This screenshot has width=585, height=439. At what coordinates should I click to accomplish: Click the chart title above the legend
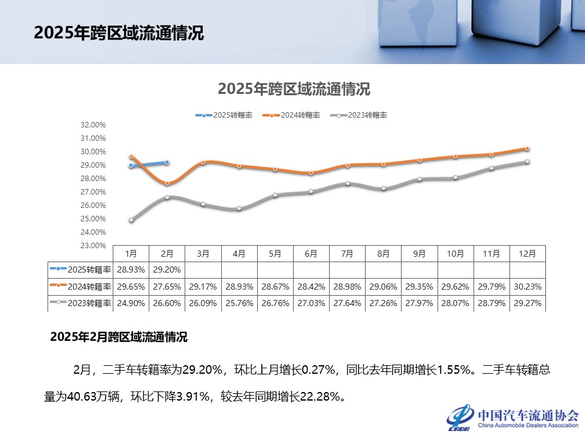[x=294, y=89]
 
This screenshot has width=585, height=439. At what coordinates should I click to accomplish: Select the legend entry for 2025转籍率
[x=224, y=115]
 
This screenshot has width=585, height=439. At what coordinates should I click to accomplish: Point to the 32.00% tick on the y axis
[x=93, y=125]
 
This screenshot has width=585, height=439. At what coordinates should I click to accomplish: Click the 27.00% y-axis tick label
[x=93, y=192]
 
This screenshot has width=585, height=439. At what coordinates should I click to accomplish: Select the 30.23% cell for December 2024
[x=527, y=286]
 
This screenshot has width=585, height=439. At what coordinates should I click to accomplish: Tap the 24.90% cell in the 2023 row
[x=131, y=302]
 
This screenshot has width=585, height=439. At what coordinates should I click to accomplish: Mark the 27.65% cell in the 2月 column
[x=167, y=286]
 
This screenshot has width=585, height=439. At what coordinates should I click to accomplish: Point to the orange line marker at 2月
[x=167, y=183]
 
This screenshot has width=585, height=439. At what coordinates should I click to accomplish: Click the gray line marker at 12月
[x=527, y=162]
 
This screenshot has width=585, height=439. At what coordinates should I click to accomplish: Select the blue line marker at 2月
[x=167, y=163]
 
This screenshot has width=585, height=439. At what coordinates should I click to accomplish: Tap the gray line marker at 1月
[x=131, y=220]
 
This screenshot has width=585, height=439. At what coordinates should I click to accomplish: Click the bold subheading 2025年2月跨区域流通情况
[x=119, y=337]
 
